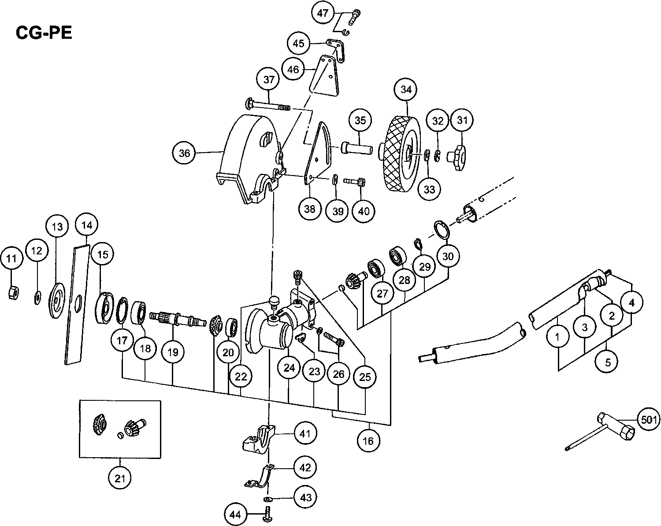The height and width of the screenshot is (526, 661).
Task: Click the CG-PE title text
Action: (44, 33)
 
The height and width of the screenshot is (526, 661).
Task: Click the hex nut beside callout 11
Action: (13, 292)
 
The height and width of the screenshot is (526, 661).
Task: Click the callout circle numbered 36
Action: (184, 153)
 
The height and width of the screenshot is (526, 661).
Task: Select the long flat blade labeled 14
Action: (78, 304)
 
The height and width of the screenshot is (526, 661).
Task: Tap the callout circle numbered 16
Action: (368, 440)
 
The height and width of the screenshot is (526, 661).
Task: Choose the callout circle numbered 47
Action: (323, 13)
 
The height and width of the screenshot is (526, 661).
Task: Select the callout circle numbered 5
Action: (608, 362)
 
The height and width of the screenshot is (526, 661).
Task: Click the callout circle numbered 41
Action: (305, 433)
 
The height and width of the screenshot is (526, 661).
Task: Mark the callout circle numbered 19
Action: (172, 352)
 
